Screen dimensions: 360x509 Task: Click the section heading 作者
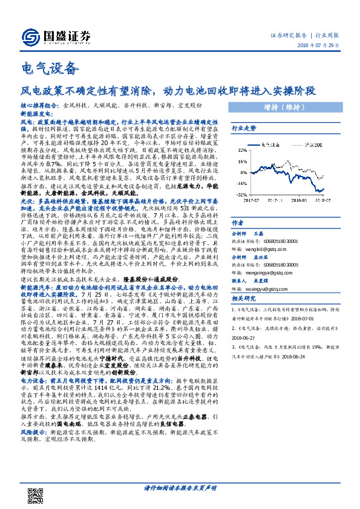[x=238, y=222]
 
